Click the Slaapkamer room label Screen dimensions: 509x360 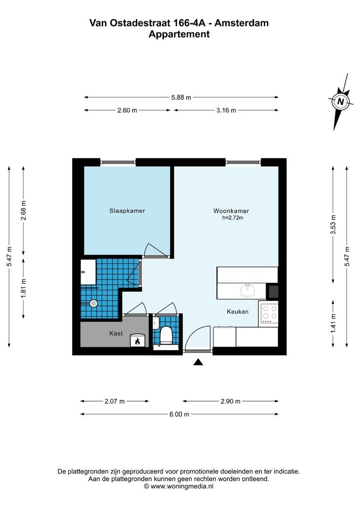coord(124,211)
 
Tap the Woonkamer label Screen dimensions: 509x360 coord(231,211)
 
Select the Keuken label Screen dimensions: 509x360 coord(237,312)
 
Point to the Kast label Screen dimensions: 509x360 coord(116,333)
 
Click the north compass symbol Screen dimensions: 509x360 coord(340,101)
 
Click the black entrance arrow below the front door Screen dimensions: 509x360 coord(198,362)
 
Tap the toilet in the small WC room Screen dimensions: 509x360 coord(166,336)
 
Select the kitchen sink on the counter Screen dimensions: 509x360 coord(247,290)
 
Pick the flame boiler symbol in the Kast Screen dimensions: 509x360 coord(138,341)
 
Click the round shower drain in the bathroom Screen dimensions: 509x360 coord(95,303)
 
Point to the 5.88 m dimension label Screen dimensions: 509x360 coord(181,98)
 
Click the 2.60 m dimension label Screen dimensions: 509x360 coord(127,110)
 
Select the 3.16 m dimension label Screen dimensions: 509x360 coord(226,110)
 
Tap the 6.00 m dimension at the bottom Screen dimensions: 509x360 coord(180,414)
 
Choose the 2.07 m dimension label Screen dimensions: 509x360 coord(115,402)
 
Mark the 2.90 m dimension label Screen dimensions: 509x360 coord(230,402)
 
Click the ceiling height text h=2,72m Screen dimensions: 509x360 coord(233,218)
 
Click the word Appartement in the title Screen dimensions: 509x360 coord(179,34)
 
